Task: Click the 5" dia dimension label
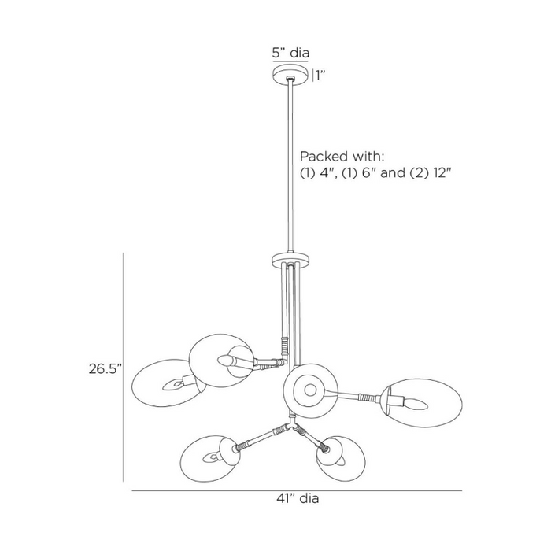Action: click(290, 53)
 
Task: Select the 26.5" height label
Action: click(105, 369)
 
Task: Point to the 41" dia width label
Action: click(298, 498)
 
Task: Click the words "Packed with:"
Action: click(342, 157)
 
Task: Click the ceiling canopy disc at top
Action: click(290, 75)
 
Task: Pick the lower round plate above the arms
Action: click(290, 260)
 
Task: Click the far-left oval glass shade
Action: click(165, 383)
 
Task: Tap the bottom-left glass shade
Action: click(210, 459)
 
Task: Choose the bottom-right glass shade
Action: click(341, 459)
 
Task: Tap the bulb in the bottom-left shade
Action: click(211, 457)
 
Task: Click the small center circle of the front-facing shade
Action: click(310, 390)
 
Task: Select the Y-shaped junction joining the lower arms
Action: click(292, 424)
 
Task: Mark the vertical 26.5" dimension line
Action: click(124, 368)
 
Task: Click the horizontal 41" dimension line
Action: click(297, 490)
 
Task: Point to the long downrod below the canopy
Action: click(290, 166)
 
